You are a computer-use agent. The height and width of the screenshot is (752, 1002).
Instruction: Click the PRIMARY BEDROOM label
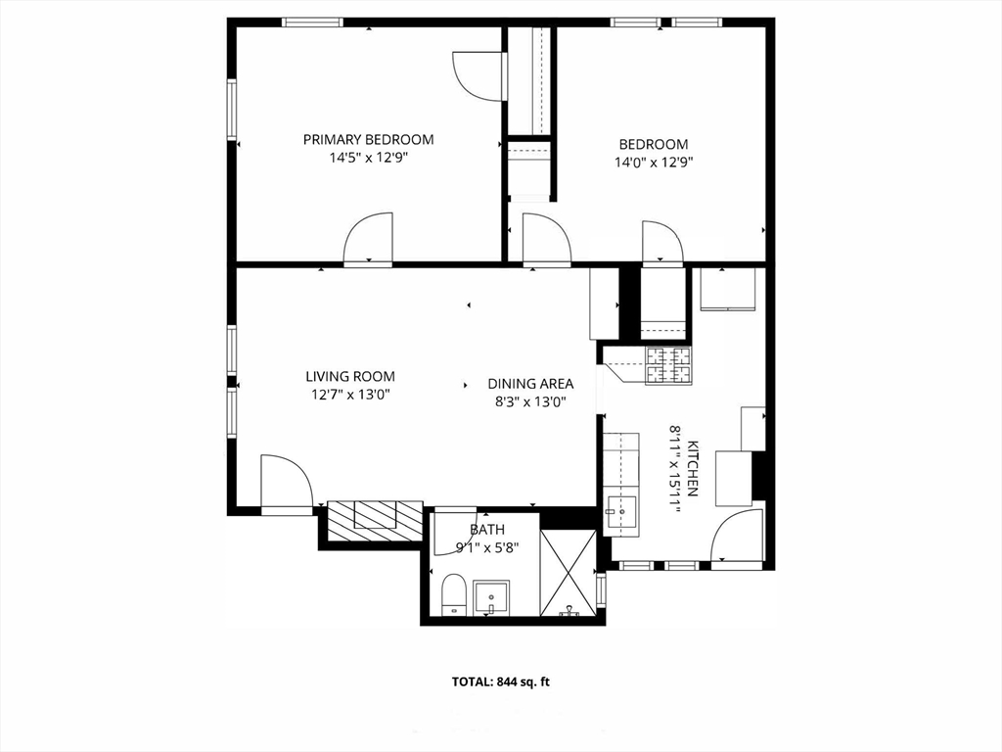tap(368, 139)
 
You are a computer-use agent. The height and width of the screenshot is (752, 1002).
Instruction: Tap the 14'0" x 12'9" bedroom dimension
tap(654, 163)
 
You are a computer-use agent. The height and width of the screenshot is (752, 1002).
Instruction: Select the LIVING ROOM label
tap(350, 377)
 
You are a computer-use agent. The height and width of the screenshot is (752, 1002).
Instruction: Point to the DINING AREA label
tap(530, 384)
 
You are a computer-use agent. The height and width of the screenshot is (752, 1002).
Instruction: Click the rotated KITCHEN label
tap(692, 469)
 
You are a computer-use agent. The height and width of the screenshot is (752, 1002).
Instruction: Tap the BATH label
tap(487, 530)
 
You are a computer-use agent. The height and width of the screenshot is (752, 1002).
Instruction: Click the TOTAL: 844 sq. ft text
tap(500, 681)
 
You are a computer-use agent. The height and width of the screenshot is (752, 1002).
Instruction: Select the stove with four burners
tap(668, 366)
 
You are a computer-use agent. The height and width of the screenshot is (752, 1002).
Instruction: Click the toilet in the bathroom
tap(453, 594)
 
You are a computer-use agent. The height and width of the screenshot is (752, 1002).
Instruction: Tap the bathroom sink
tap(491, 598)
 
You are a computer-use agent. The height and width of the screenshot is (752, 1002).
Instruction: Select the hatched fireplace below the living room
tap(375, 519)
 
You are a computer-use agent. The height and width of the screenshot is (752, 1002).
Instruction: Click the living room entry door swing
tap(286, 480)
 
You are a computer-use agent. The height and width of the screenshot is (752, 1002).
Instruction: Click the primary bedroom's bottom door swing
tap(368, 237)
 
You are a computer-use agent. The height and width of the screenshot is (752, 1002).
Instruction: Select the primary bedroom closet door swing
tap(478, 75)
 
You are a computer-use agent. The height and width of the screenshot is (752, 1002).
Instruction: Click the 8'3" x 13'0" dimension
tap(527, 402)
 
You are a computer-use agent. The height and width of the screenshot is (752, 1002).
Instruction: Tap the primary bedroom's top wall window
tap(313, 23)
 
